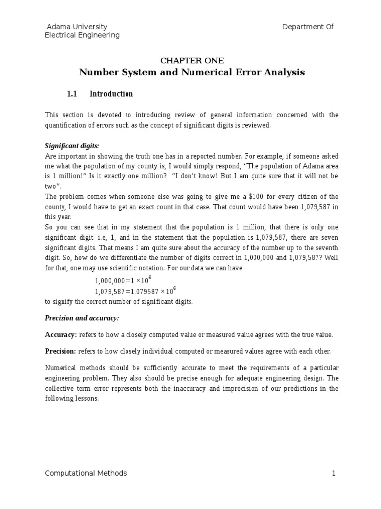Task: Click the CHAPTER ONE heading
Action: pyautogui.click(x=192, y=61)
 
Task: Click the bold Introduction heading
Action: pyautogui.click(x=111, y=94)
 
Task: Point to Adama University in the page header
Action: pyautogui.click(x=76, y=27)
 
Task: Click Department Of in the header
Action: pyautogui.click(x=308, y=27)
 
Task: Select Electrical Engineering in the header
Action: pyautogui.click(x=82, y=35)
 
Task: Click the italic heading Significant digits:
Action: pyautogui.click(x=72, y=146)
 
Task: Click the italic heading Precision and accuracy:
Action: pyautogui.click(x=82, y=318)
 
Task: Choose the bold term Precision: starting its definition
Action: pyautogui.click(x=61, y=351)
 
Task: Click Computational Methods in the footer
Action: pyautogui.click(x=85, y=473)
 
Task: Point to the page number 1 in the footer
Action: pyautogui.click(x=334, y=473)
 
